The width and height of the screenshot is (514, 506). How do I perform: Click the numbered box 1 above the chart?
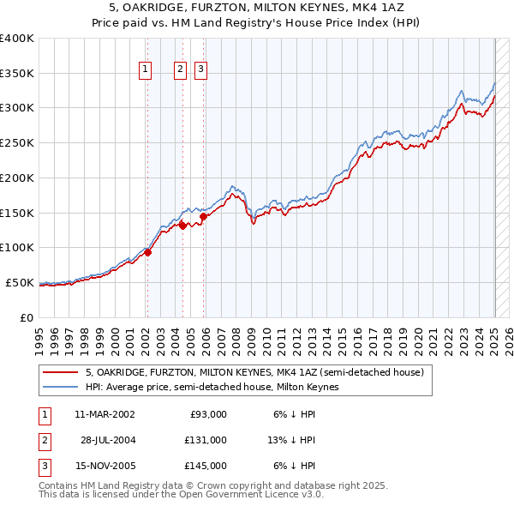[146, 70]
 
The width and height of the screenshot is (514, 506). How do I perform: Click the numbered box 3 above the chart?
[200, 70]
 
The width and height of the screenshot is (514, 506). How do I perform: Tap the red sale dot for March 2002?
[147, 252]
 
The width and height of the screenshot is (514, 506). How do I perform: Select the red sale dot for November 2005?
[203, 216]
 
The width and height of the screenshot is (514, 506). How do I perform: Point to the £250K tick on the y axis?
[17, 142]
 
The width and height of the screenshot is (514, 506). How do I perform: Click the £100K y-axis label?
[17, 247]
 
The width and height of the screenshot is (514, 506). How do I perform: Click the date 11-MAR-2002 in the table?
[105, 414]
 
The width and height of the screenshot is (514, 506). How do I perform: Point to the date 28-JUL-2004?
[109, 440]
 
